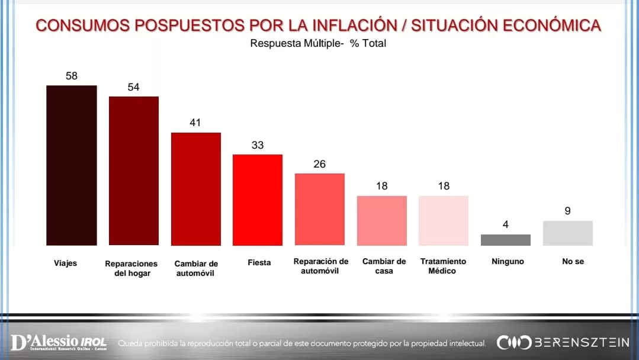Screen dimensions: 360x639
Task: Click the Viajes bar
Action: tap(71, 165)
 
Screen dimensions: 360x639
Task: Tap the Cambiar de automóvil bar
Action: tap(195, 189)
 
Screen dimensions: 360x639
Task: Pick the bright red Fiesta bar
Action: tap(257, 200)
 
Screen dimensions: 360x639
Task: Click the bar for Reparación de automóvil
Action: tap(319, 209)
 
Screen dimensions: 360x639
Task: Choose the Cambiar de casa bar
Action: tap(381, 220)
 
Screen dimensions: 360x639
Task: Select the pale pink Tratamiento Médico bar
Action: tap(443, 220)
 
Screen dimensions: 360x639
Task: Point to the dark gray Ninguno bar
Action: tap(505, 240)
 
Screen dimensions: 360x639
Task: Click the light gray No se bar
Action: tap(567, 233)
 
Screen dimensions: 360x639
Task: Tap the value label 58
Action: tap(72, 76)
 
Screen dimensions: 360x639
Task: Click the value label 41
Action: tap(195, 123)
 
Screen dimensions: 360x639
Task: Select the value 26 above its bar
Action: tap(319, 164)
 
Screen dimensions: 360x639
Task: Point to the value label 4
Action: tap(506, 225)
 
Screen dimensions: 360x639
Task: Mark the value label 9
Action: tap(567, 211)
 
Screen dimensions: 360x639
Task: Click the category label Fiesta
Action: tap(259, 262)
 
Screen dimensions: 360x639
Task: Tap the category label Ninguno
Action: tap(508, 262)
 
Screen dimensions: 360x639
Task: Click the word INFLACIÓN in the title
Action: tap(355, 25)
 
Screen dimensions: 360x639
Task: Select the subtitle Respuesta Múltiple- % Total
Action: tap(318, 43)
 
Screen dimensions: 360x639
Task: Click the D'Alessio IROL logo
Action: tap(59, 342)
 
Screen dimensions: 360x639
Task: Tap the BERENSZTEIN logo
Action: tap(563, 342)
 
